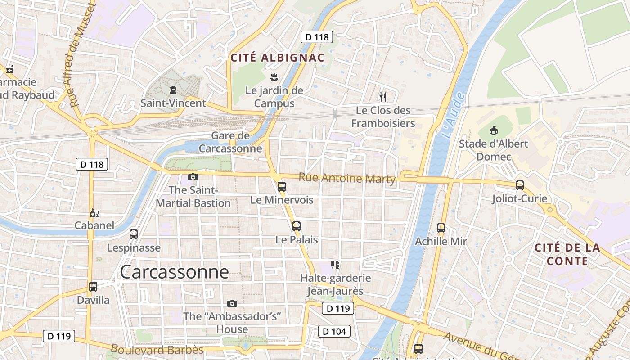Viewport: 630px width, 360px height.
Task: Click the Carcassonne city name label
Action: [x=174, y=272]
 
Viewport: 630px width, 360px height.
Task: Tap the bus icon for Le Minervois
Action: [x=282, y=186]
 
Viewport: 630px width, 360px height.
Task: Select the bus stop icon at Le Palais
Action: [x=296, y=226]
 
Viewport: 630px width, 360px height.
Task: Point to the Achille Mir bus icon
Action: [x=441, y=228]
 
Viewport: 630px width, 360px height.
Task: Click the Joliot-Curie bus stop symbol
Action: [x=520, y=185]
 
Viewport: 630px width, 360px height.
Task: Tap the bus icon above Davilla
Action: [x=93, y=286]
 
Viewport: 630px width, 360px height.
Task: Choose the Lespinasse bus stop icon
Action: [x=134, y=234]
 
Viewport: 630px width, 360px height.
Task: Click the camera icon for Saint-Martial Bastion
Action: [x=193, y=177]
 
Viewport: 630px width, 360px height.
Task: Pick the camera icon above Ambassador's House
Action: [x=232, y=303]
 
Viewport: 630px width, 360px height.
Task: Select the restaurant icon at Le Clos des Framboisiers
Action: [x=383, y=97]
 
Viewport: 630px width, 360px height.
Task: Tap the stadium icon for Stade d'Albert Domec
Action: [x=494, y=130]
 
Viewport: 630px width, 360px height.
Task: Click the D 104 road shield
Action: [x=334, y=332]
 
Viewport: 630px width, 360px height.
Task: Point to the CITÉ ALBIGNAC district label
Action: [x=277, y=58]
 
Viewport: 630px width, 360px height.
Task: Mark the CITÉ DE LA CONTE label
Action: [x=567, y=254]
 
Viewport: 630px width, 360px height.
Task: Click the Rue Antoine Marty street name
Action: [x=347, y=178]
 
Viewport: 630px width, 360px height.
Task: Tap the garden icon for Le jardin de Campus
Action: [x=274, y=77]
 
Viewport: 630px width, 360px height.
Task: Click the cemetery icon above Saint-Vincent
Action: [x=173, y=90]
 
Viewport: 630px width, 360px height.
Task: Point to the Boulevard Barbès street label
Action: [x=157, y=349]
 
